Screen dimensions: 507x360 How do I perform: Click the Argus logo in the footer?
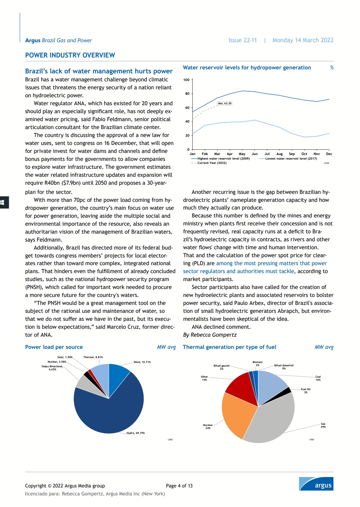(x=316, y=484)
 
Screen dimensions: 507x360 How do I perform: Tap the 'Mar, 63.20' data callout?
(x=225, y=103)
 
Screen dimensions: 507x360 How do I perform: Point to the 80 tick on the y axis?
(x=187, y=94)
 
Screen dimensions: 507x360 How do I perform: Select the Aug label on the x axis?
(x=279, y=154)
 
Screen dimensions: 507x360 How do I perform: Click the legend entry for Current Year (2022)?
(x=212, y=163)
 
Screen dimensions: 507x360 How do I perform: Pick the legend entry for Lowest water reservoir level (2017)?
(x=291, y=159)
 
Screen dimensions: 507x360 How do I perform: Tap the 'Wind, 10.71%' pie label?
(x=142, y=362)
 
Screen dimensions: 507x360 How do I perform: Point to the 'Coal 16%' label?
(x=318, y=378)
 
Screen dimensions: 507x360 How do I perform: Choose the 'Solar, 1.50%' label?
(x=65, y=357)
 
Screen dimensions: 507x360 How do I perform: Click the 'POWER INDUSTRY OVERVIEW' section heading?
(x=70, y=55)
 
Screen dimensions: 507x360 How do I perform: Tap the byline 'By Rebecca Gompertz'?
(x=210, y=335)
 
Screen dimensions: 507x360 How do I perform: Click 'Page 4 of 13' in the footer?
(x=179, y=486)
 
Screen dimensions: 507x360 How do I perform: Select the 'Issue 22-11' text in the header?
(x=242, y=40)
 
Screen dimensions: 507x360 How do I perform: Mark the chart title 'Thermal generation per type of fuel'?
(x=229, y=347)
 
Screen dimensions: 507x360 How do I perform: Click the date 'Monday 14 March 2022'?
(x=303, y=40)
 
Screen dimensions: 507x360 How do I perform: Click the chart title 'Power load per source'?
(x=54, y=347)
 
